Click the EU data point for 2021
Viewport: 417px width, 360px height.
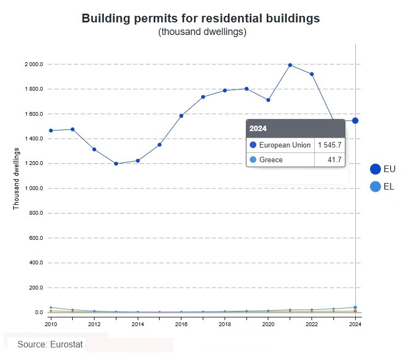[290, 65]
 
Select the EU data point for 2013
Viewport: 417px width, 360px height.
[116, 163]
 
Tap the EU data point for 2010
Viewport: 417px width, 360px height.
[51, 131]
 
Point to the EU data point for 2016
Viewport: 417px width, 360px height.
[181, 116]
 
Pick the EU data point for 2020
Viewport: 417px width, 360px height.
[268, 100]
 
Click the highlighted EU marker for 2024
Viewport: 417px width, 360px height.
[355, 121]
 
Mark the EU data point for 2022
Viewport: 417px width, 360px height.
[312, 74]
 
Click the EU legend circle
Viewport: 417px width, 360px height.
[375, 169]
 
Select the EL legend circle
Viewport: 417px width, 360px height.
[375, 187]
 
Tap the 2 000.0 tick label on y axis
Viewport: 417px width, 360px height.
[33, 64]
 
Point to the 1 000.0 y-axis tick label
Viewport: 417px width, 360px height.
[33, 188]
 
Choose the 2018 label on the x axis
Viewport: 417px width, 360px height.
[225, 324]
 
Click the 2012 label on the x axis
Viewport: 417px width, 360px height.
[94, 324]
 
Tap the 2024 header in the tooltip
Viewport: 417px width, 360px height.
[258, 129]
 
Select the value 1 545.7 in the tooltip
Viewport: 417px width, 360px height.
[330, 145]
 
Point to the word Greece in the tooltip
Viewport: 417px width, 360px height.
[271, 160]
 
